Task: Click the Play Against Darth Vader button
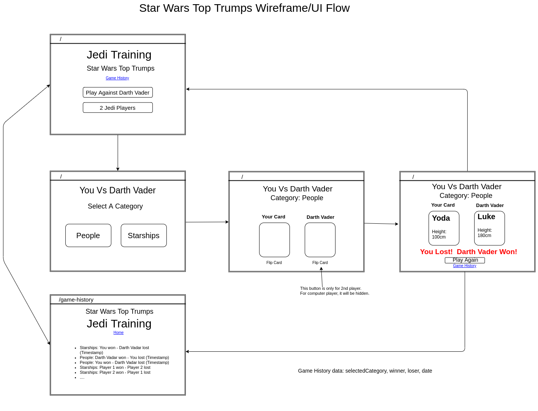pyautogui.click(x=118, y=93)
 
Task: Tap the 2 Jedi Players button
pyautogui.click(x=118, y=108)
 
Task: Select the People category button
pyautogui.click(x=88, y=236)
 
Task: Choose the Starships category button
pyautogui.click(x=144, y=236)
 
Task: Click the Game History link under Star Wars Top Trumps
pyautogui.click(x=117, y=78)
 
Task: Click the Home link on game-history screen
pyautogui.click(x=119, y=333)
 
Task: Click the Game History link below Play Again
pyautogui.click(x=464, y=266)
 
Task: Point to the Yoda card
pyautogui.click(x=444, y=228)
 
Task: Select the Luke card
pyautogui.click(x=489, y=228)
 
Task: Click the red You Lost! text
pyautogui.click(x=436, y=252)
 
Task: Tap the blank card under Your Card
pyautogui.click(x=274, y=240)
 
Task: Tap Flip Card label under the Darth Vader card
pyautogui.click(x=320, y=263)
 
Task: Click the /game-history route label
pyautogui.click(x=76, y=300)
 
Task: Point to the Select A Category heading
pyautogui.click(x=115, y=206)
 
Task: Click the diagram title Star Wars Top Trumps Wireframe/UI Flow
pyautogui.click(x=244, y=8)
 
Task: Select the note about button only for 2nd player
pyautogui.click(x=334, y=291)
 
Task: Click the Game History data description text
pyautogui.click(x=365, y=371)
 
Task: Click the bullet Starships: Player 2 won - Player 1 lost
pyautogui.click(x=115, y=373)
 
